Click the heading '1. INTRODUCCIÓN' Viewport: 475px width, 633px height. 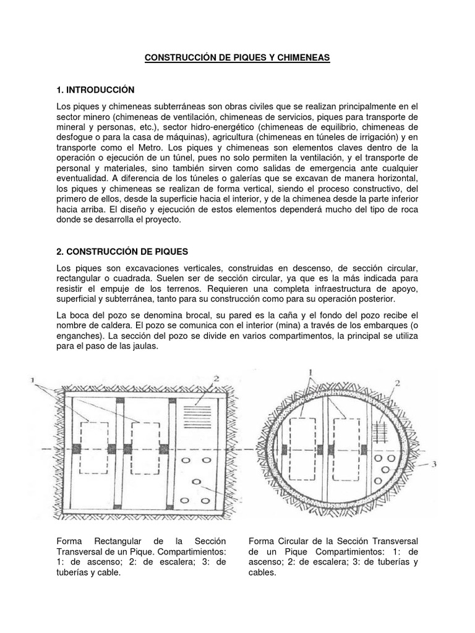click(95, 90)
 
